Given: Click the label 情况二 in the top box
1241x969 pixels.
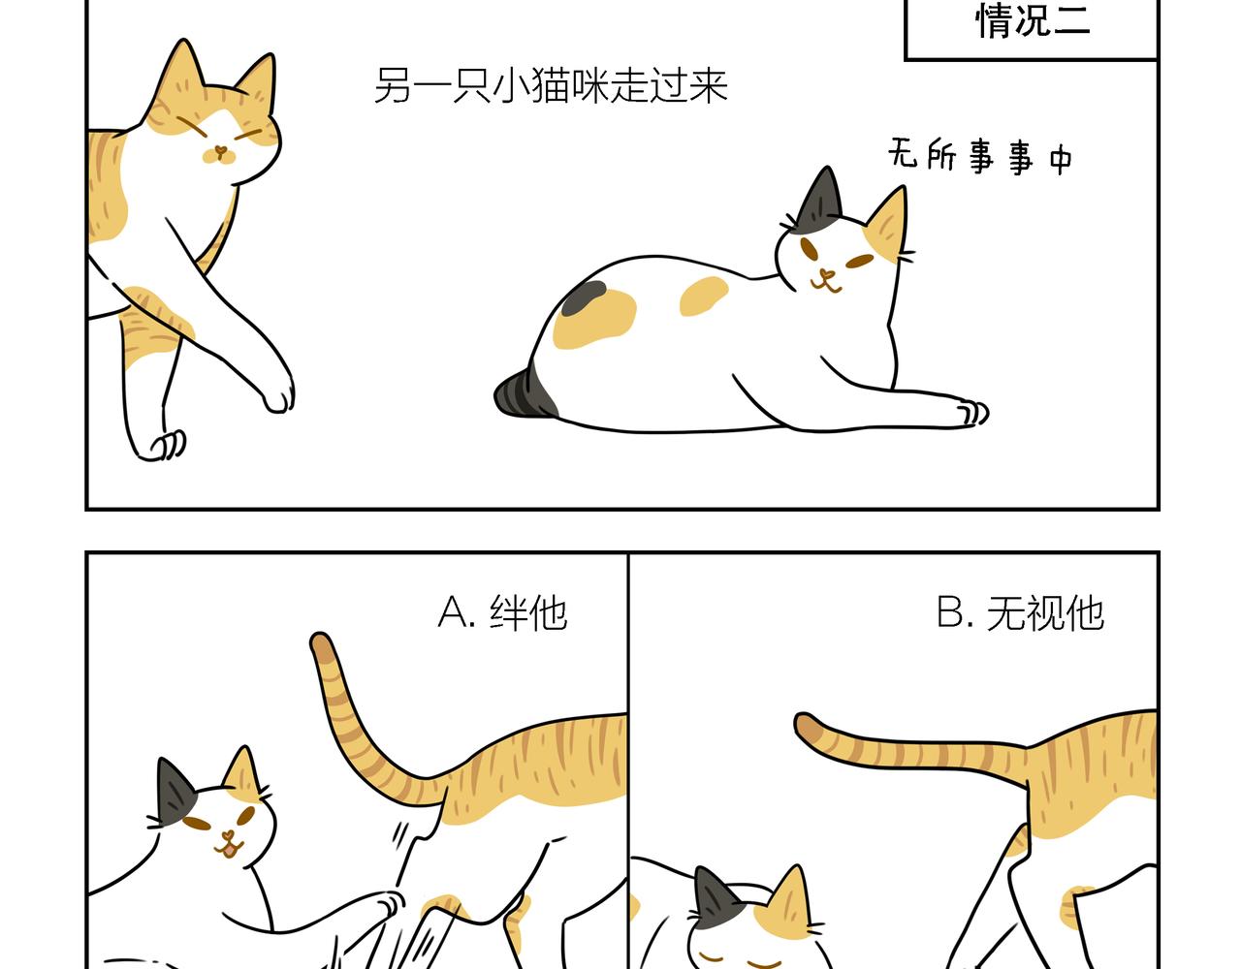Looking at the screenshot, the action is [x=1033, y=21].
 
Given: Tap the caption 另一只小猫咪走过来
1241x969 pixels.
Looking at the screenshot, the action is [x=551, y=86].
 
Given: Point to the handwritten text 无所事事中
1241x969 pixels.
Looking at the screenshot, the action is [x=980, y=156].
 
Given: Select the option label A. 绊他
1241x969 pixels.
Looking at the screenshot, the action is [x=502, y=613].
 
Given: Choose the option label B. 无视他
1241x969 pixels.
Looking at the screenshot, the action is [x=1020, y=613].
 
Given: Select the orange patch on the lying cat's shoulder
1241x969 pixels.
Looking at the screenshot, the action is [x=704, y=296].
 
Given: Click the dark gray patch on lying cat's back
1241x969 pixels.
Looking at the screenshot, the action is [x=583, y=297].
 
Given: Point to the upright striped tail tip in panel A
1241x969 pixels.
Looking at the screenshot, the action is [x=321, y=643].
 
